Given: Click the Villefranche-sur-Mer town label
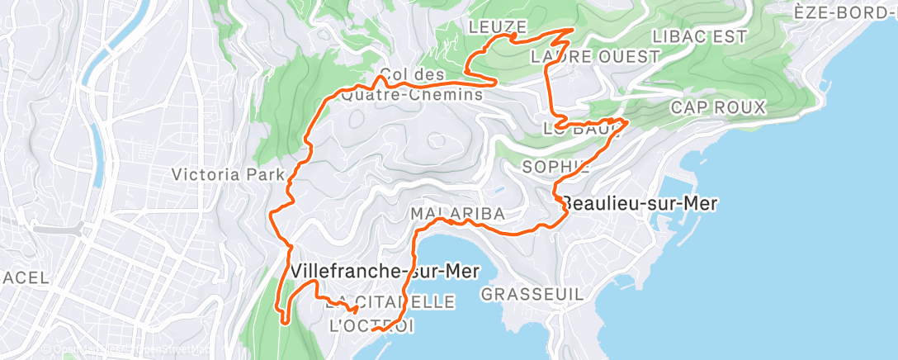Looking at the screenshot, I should pos(385,271).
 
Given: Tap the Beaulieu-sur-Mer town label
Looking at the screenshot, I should pos(640,203).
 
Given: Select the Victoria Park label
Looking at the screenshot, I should pos(228,174).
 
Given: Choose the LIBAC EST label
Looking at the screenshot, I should pos(698,36).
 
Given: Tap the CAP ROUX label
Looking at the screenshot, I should pos(718,107).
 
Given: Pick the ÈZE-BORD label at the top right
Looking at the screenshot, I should pos(845,12).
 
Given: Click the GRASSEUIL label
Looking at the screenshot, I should pos(532,294).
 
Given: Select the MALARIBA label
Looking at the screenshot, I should pos(457,214).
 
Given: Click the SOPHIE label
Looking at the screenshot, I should pos(556,167).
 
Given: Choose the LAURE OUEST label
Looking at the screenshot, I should pos(596,57).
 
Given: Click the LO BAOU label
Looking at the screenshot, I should pos(581,129).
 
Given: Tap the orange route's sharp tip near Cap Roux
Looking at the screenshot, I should pos(629,121).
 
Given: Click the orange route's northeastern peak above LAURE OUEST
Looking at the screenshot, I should pos(573,30).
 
